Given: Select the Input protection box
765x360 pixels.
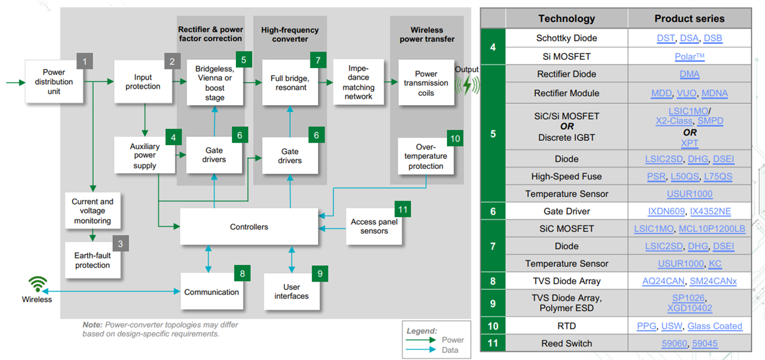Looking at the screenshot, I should point(143,82).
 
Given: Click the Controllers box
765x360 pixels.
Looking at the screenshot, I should point(249,227).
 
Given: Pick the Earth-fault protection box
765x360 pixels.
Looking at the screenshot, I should point(92,260).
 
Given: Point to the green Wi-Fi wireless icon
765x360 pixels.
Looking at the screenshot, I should point(37,284).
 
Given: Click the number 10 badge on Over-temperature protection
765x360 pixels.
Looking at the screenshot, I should point(455,139).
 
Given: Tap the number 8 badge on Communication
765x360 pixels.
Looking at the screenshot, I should point(242,272).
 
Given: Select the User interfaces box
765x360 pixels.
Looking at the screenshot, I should point(291,291).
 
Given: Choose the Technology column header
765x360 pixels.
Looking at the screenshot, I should point(566,18).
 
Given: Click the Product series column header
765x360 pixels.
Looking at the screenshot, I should point(689,18).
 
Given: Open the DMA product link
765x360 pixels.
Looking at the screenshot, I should point(689,75).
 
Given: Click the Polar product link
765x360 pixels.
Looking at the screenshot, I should point(689,57).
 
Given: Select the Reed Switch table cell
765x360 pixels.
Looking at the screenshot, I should point(566,343).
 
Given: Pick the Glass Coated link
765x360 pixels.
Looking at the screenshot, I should point(715,326).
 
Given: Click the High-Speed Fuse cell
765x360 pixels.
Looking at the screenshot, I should point(566,176).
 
